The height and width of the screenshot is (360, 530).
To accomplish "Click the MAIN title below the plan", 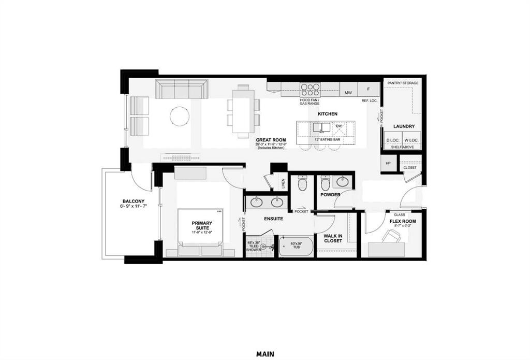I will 265,354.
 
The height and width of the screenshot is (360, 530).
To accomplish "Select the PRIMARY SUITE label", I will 202,226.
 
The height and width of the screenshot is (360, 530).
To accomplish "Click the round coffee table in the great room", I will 180,116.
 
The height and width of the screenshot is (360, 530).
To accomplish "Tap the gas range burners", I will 310,89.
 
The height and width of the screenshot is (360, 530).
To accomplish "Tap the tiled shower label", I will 254,246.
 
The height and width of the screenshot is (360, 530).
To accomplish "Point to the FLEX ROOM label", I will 402,221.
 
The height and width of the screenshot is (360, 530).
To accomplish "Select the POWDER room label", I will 330,195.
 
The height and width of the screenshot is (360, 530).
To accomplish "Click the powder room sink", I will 343,181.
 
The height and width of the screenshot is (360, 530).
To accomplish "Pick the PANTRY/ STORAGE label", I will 403,83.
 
